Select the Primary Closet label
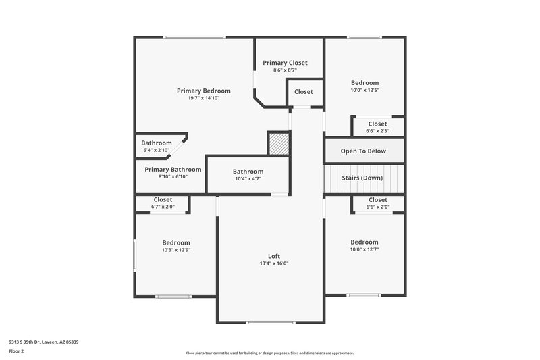click(285, 63)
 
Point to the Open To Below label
click(364, 151)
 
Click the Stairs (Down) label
click(364, 178)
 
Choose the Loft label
click(274, 256)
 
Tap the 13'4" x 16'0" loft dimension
click(274, 263)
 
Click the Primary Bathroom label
click(173, 170)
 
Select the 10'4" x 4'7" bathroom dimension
click(248, 179)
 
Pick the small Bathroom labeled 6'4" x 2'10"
click(157, 143)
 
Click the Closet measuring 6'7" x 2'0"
click(163, 200)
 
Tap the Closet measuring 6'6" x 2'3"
click(377, 124)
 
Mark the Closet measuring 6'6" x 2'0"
click(378, 200)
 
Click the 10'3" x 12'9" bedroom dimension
click(175, 250)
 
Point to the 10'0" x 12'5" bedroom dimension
click(364, 90)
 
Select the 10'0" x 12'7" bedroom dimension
click(364, 249)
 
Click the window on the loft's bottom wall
click(270, 322)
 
